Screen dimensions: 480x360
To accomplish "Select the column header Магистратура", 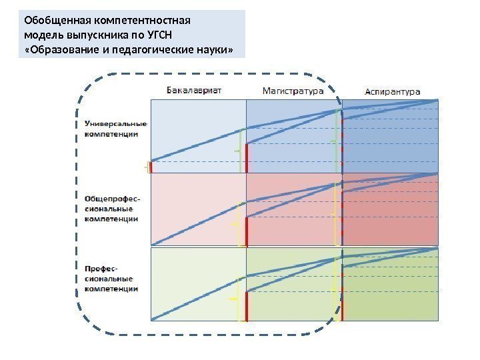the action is (293, 89).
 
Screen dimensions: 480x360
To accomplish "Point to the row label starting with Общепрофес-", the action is (112, 208).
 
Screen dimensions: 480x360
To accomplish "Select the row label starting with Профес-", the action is (109, 278).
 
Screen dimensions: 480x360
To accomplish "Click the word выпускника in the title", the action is (89, 34).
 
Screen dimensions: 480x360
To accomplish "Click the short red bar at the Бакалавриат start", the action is (151, 167).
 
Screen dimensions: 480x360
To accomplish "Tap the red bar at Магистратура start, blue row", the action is (246, 157).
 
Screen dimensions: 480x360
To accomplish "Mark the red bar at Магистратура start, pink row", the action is (246, 231).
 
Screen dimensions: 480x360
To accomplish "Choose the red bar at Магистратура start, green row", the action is (246, 305).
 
